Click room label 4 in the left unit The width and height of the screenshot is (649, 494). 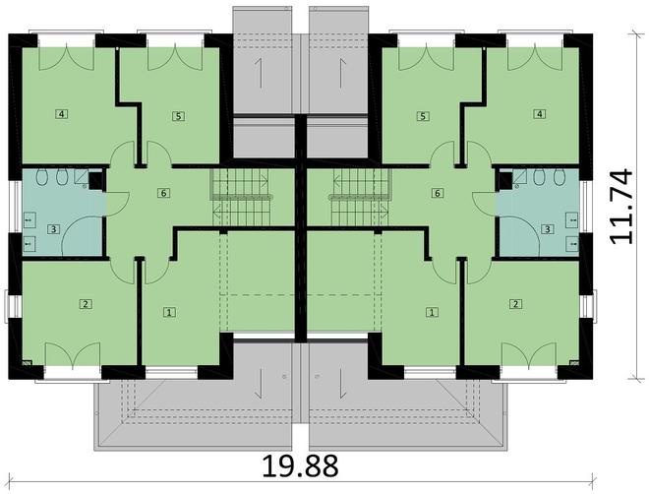pos(62,114)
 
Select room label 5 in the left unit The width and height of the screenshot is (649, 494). pos(177,116)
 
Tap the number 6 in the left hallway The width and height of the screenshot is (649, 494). pos(162,193)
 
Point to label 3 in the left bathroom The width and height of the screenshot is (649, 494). pos(54,229)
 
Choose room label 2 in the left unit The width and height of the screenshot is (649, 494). pos(87,304)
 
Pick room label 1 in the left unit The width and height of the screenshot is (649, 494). pos(170,312)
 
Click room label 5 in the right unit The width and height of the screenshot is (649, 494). pos(423,116)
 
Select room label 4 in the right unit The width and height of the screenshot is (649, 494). pos(539,114)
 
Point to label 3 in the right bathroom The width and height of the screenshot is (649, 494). pos(547,229)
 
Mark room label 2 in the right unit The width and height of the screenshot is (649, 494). pos(515,304)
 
